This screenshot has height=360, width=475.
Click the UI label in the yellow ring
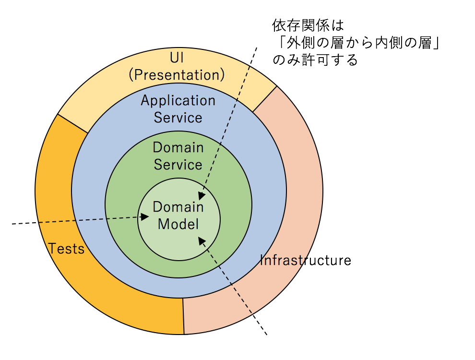pyautogui.click(x=177, y=58)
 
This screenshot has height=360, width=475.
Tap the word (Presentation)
pyautogui.click(x=177, y=75)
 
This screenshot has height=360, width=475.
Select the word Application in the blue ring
pyautogui.click(x=178, y=101)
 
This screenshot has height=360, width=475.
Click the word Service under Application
pyautogui.click(x=178, y=118)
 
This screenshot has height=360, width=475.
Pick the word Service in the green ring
pyautogui.click(x=178, y=165)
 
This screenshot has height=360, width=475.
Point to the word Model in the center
pyautogui.click(x=178, y=224)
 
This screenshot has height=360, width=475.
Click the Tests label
pyautogui.click(x=66, y=249)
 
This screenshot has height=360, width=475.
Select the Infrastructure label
pyautogui.click(x=306, y=261)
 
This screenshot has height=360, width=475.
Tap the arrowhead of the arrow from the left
pyautogui.click(x=145, y=217)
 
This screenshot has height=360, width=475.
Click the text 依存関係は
pyautogui.click(x=308, y=24)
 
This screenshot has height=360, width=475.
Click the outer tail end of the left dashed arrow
pyautogui.click(x=12, y=224)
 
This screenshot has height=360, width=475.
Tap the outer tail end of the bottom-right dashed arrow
pyautogui.click(x=266, y=334)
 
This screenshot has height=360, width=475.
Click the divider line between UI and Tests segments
pyautogui.click(x=73, y=123)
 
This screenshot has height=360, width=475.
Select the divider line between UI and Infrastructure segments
pyautogui.click(x=265, y=99)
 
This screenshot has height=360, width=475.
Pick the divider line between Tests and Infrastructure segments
pyautogui.click(x=183, y=316)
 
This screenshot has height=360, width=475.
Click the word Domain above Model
pyautogui.click(x=178, y=207)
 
